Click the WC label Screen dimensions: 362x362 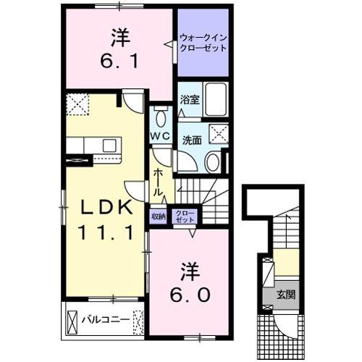[x=160, y=136]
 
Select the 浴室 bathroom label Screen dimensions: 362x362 [x=190, y=100]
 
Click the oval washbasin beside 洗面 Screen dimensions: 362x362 [x=213, y=163]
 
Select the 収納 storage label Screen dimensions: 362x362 [x=159, y=215]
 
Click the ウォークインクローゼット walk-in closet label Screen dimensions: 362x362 [x=203, y=42]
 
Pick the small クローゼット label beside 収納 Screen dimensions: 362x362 [x=185, y=215]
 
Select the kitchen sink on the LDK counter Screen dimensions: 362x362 [x=109, y=145]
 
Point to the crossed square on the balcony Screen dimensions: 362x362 [x=72, y=319]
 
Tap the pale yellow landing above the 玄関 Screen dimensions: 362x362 [x=287, y=262]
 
